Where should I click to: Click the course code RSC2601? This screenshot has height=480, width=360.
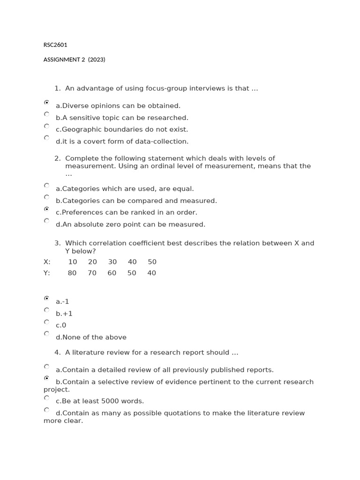tap(55, 45)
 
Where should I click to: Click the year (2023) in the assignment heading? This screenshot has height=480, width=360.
tap(97, 60)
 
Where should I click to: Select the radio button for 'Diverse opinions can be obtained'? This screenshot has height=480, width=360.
tap(46, 102)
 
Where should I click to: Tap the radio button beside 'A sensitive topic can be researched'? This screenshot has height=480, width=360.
tap(46, 114)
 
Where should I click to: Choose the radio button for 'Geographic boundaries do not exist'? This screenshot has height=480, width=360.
tap(46, 126)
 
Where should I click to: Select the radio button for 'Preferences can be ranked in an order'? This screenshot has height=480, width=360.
tap(46, 209)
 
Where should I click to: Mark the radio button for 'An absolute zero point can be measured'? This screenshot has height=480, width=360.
tap(46, 221)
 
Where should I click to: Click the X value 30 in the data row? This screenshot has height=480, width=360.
tap(112, 262)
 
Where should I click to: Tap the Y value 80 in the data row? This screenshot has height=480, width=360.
tap(72, 273)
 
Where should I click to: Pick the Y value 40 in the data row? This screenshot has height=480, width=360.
tap(151, 273)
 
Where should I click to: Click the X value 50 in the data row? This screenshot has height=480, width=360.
tap(152, 262)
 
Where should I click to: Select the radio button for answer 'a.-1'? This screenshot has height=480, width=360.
tap(46, 298)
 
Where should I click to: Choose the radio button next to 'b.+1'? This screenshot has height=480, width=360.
tap(46, 310)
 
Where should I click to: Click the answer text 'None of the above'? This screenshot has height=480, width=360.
tap(94, 337)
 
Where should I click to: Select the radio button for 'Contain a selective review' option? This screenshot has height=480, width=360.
tap(46, 378)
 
